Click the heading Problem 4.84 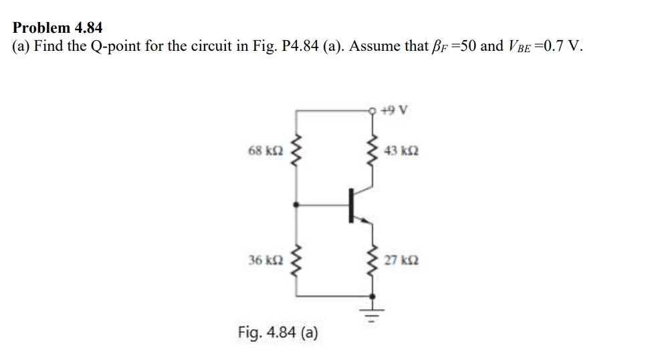pos(58,28)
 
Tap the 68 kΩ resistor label pos(264,151)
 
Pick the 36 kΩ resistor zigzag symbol pos(296,260)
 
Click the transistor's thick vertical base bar pos(350,205)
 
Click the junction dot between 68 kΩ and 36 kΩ pos(296,205)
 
